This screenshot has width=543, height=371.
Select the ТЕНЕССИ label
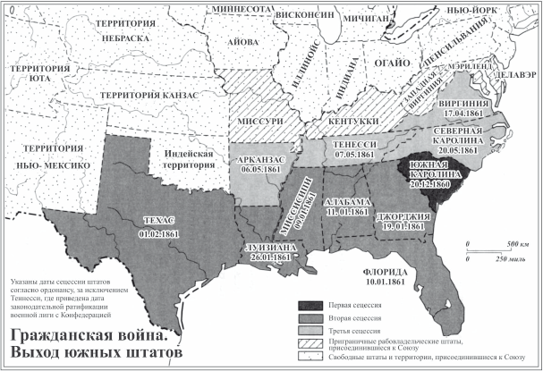tap(345, 142)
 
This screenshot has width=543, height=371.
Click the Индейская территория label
tap(187, 160)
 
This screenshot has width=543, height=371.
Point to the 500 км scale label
tap(503, 243)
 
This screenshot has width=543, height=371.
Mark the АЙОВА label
tap(244, 41)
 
